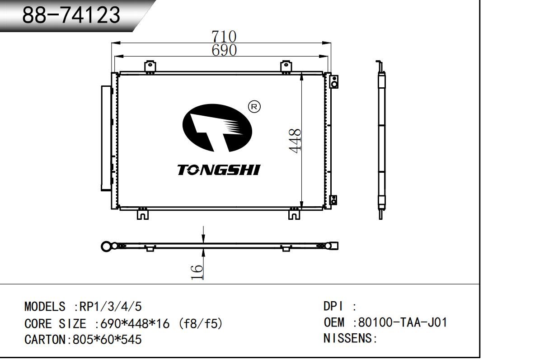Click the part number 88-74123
coord(71,15)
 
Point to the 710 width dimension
coord(224,36)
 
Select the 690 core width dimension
coord(224,50)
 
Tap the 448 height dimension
coord(295,141)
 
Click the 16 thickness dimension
coord(197,272)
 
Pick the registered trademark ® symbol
coord(254,107)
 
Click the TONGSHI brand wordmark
coord(218,170)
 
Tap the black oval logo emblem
coord(217,128)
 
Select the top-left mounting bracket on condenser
coord(150,66)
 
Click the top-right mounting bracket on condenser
coord(286,66)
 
